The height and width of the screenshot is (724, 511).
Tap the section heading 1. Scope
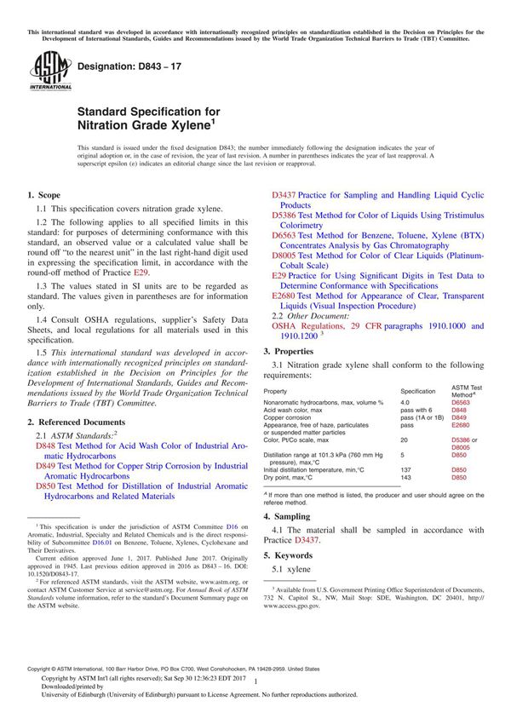44,194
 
